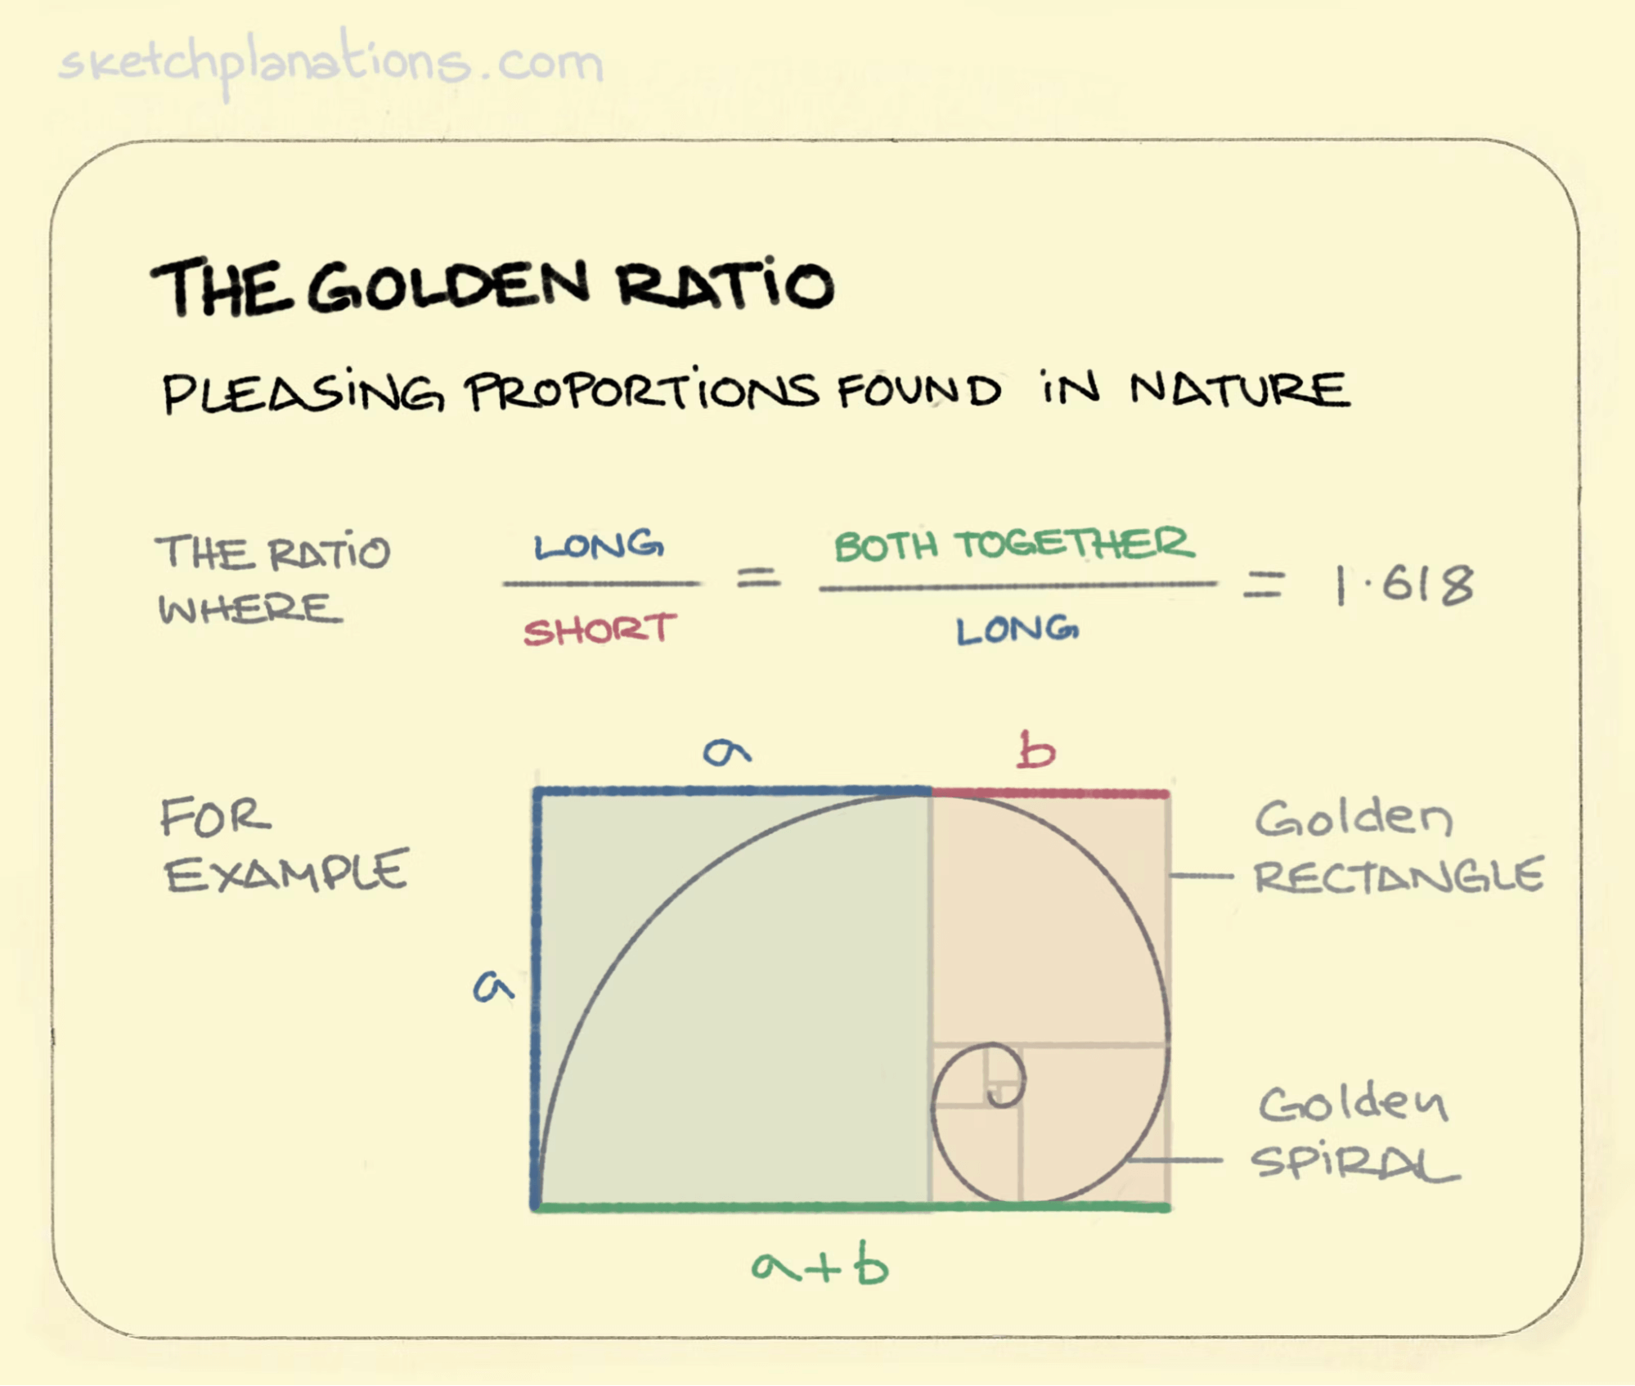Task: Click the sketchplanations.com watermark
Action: point(331,64)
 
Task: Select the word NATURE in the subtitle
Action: point(1238,389)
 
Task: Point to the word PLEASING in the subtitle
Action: point(303,392)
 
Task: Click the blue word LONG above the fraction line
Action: point(599,546)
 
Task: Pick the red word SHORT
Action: point(600,630)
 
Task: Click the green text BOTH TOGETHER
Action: point(1014,545)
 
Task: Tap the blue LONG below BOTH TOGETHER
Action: point(1017,630)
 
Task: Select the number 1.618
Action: point(1404,585)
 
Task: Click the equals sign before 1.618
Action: point(1264,585)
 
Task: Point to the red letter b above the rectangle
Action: point(1035,751)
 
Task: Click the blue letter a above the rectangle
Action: point(726,751)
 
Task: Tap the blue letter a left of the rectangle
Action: point(493,986)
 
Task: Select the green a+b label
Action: point(820,1267)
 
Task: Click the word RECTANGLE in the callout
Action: point(1399,876)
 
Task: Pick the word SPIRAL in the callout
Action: point(1354,1162)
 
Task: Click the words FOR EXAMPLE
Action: point(283,846)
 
